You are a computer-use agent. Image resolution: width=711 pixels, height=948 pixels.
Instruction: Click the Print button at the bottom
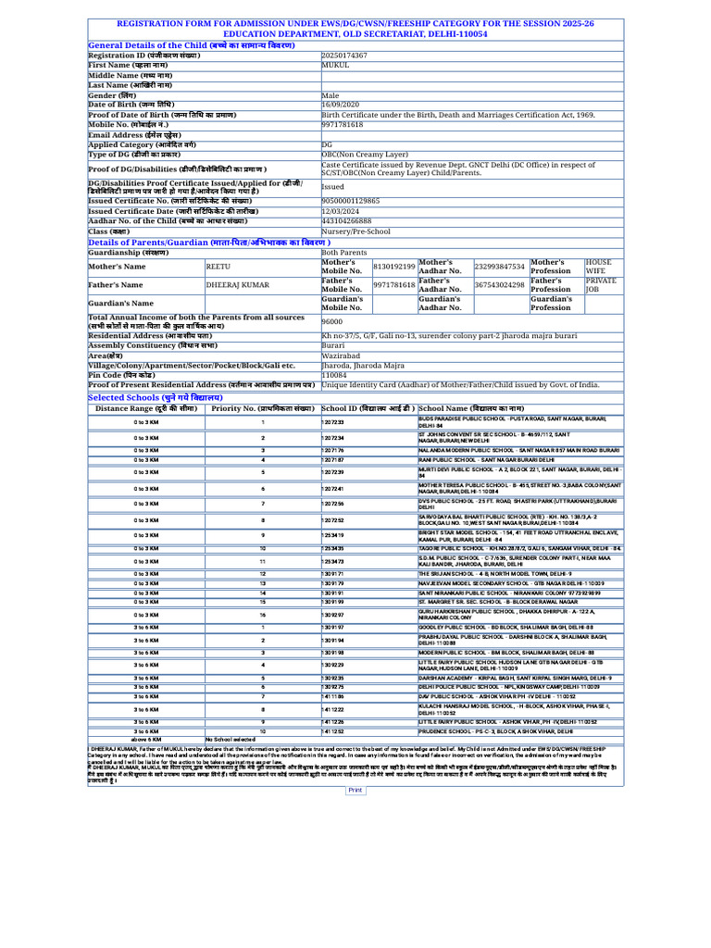pyautogui.click(x=355, y=790)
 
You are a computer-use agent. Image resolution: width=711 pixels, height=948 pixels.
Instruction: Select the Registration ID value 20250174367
pyautogui.click(x=344, y=56)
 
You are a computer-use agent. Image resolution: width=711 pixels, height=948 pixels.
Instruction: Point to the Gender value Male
pyautogui.click(x=330, y=94)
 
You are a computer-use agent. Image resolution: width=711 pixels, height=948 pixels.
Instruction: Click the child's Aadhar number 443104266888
pyautogui.click(x=346, y=221)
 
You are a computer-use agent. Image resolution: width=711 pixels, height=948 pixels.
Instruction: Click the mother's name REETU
pyautogui.click(x=218, y=267)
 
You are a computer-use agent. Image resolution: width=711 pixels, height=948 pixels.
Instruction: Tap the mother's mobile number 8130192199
pyautogui.click(x=393, y=267)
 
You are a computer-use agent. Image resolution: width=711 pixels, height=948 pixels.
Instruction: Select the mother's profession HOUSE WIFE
pyautogui.click(x=597, y=267)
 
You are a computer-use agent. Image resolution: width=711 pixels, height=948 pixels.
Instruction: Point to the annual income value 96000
pyautogui.click(x=331, y=321)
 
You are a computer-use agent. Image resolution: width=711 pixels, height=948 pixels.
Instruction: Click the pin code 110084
pyautogui.click(x=334, y=374)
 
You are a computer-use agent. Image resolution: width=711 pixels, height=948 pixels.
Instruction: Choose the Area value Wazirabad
pyautogui.click(x=340, y=355)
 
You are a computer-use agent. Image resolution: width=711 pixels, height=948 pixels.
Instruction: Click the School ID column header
pyautogui.click(x=368, y=407)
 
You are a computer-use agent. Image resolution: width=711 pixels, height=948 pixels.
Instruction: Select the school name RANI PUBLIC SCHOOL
pyautogui.click(x=486, y=459)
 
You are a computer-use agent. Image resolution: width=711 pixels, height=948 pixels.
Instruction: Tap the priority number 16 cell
pyautogui.click(x=262, y=614)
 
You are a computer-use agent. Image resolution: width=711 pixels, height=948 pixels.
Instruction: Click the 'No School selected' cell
pyautogui.click(x=231, y=766)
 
